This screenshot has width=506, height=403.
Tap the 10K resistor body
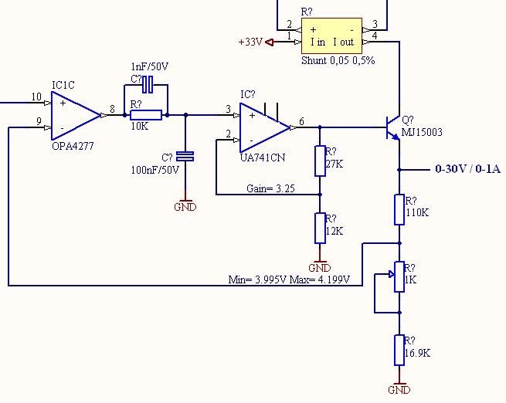click(x=146, y=115)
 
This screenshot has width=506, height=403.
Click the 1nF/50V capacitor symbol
click(x=148, y=84)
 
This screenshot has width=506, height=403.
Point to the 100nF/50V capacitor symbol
click(x=185, y=157)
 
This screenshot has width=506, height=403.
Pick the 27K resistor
click(x=320, y=161)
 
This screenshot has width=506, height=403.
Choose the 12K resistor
click(x=320, y=228)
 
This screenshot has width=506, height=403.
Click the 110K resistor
click(x=399, y=209)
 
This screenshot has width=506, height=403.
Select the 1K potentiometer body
click(x=399, y=276)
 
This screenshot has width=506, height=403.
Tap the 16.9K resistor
click(x=399, y=351)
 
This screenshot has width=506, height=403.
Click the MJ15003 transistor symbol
click(x=392, y=127)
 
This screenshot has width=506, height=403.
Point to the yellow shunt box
click(x=331, y=36)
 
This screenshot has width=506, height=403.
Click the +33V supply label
click(x=250, y=42)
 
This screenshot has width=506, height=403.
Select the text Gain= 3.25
click(x=270, y=188)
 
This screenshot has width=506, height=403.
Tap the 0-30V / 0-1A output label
click(x=468, y=168)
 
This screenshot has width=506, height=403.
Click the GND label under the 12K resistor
click(x=320, y=268)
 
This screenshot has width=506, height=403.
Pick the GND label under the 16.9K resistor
click(x=399, y=390)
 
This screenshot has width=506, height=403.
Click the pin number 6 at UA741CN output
click(x=301, y=121)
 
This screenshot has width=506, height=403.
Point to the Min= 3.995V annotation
click(x=257, y=279)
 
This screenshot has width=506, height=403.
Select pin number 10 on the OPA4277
click(x=36, y=97)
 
